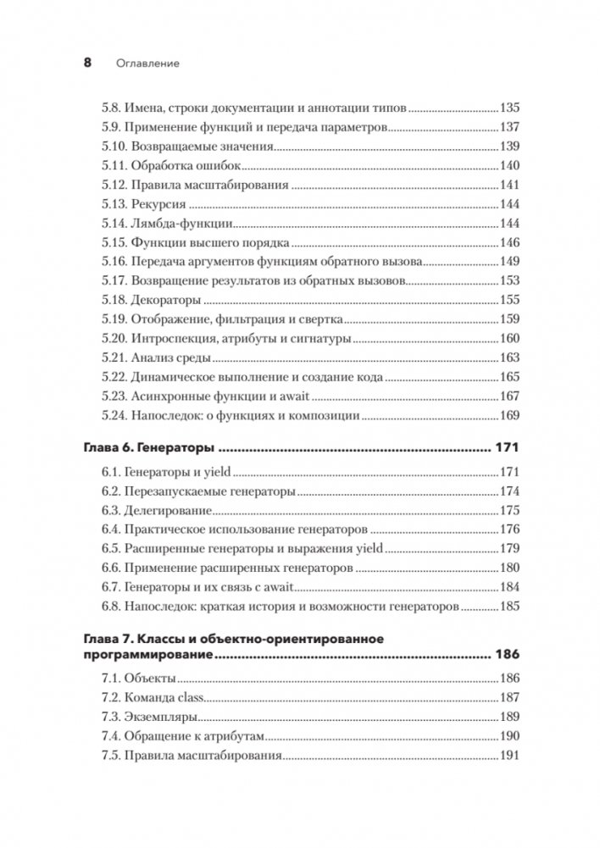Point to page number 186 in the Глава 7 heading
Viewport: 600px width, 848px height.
click(505, 655)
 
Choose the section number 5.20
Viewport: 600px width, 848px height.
click(112, 338)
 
